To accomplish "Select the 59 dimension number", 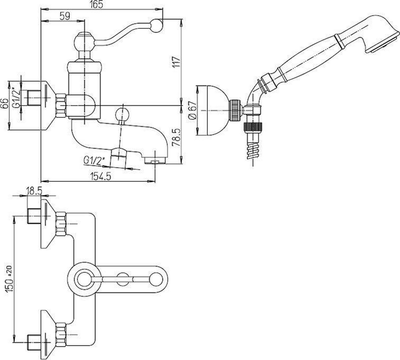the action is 65,16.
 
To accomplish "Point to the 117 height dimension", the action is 177,62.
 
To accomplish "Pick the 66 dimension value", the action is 5,104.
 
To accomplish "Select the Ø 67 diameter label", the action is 193,110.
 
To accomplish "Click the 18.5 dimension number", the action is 34,191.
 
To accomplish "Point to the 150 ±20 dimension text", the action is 9,279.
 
